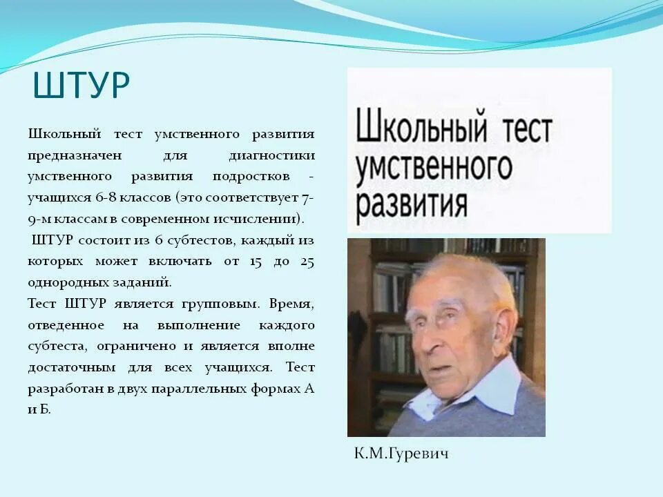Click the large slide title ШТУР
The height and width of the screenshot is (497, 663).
[81, 85]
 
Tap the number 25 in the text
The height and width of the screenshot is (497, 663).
[307, 262]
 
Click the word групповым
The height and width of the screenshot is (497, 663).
[219, 304]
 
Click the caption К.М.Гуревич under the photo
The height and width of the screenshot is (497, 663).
[401, 454]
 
